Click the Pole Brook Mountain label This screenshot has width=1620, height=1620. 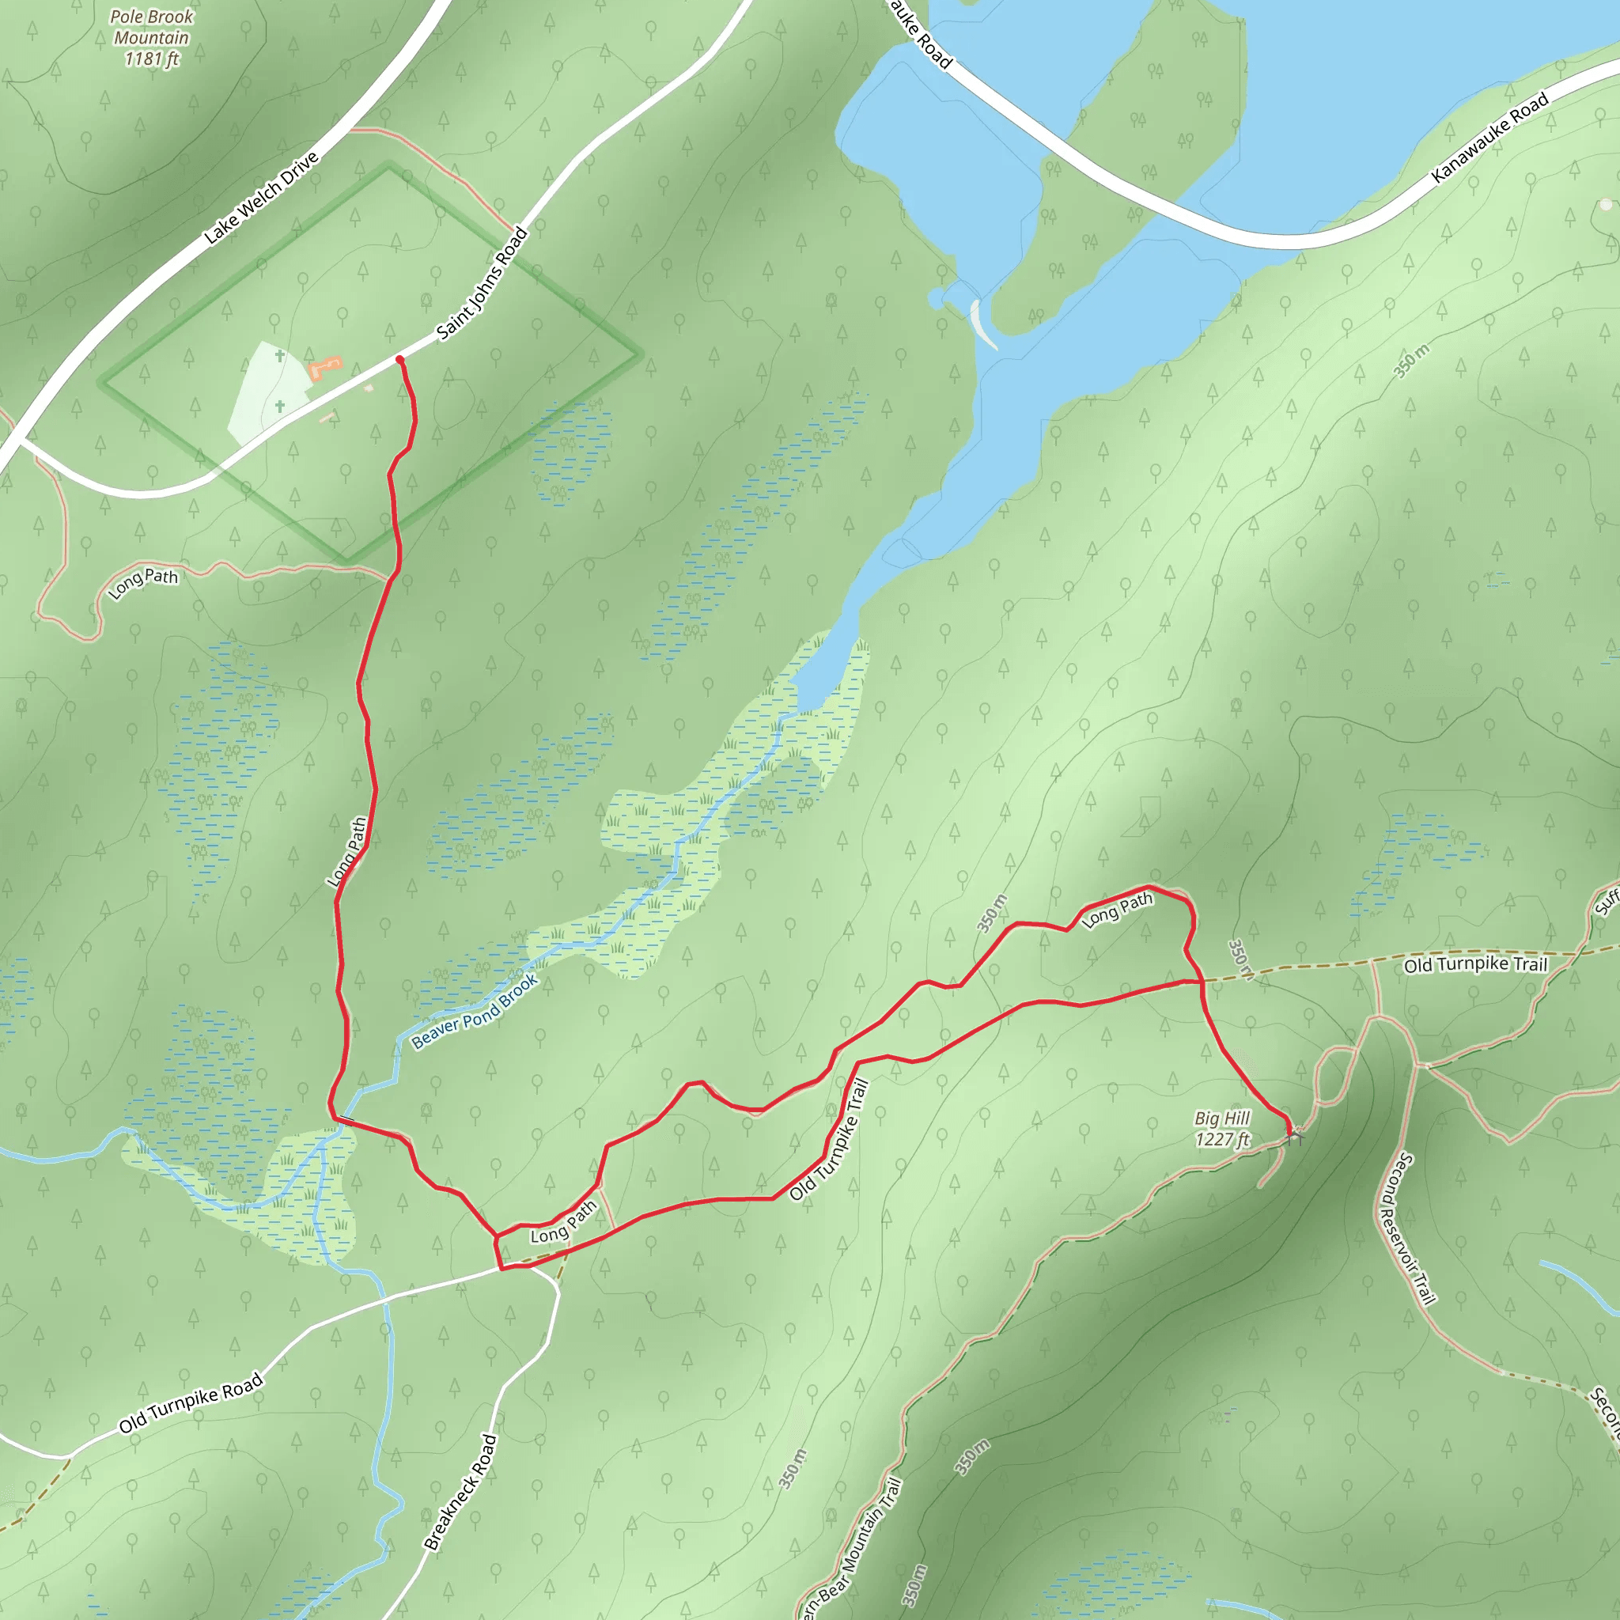152,38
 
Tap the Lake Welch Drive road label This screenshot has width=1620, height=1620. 262,198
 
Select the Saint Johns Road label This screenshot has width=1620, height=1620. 483,283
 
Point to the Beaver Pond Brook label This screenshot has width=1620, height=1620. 475,1011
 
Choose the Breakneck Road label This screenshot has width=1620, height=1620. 461,1492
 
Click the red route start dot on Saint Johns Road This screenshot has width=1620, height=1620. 400,360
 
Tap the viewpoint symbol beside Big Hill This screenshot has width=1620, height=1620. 1296,1135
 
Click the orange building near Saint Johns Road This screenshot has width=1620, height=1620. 325,366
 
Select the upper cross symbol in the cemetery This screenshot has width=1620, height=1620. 280,355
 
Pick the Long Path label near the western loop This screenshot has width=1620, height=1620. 143,583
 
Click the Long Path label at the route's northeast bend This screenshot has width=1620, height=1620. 1118,910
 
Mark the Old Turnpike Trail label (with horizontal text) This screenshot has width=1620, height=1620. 1475,965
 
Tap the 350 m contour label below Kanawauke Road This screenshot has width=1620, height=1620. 1412,361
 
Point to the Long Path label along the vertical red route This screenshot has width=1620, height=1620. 348,851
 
